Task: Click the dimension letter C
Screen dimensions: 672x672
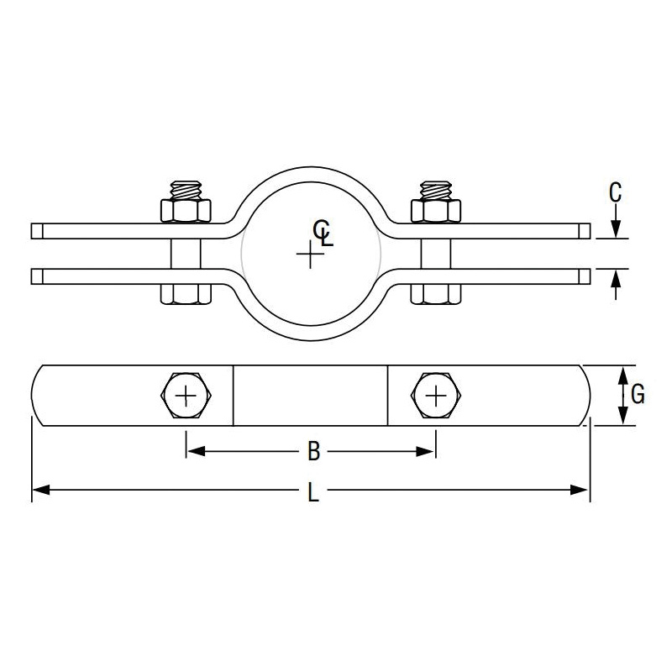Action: coord(615,192)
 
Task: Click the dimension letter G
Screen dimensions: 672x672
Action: coord(638,394)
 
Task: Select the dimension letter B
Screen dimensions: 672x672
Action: coord(313,451)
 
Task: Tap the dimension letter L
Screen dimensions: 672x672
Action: coord(313,491)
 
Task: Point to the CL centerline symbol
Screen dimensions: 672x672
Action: coord(323,233)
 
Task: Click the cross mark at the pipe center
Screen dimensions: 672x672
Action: coord(310,255)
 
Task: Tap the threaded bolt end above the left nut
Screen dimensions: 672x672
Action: coord(186,190)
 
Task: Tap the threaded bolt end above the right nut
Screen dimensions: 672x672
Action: coord(436,190)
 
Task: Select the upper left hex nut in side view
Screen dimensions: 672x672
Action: coord(186,211)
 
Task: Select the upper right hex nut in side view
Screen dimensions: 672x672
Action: coord(436,211)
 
